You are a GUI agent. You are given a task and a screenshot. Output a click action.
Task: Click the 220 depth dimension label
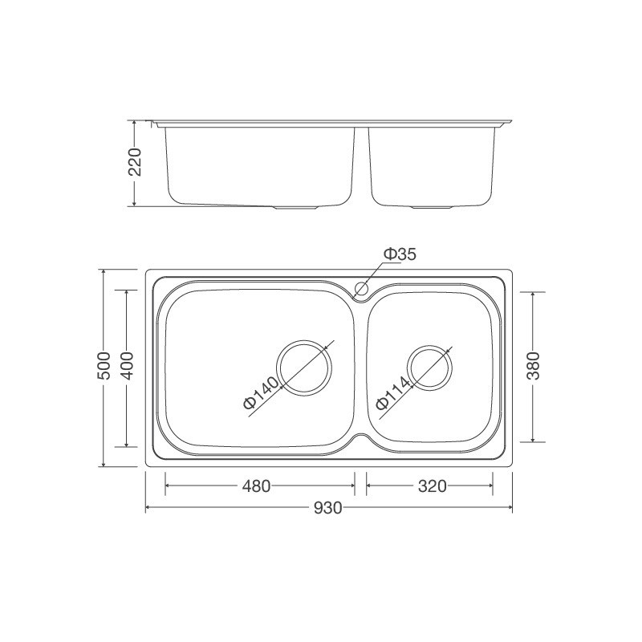pyautogui.click(x=135, y=163)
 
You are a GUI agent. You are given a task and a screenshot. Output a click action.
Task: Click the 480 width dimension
pyautogui.click(x=258, y=486)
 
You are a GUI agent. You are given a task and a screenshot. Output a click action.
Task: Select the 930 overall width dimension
pyautogui.click(x=328, y=509)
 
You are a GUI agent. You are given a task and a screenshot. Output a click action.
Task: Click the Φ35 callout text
pyautogui.click(x=399, y=254)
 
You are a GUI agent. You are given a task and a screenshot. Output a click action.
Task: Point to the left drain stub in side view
pyautogui.click(x=297, y=207)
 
